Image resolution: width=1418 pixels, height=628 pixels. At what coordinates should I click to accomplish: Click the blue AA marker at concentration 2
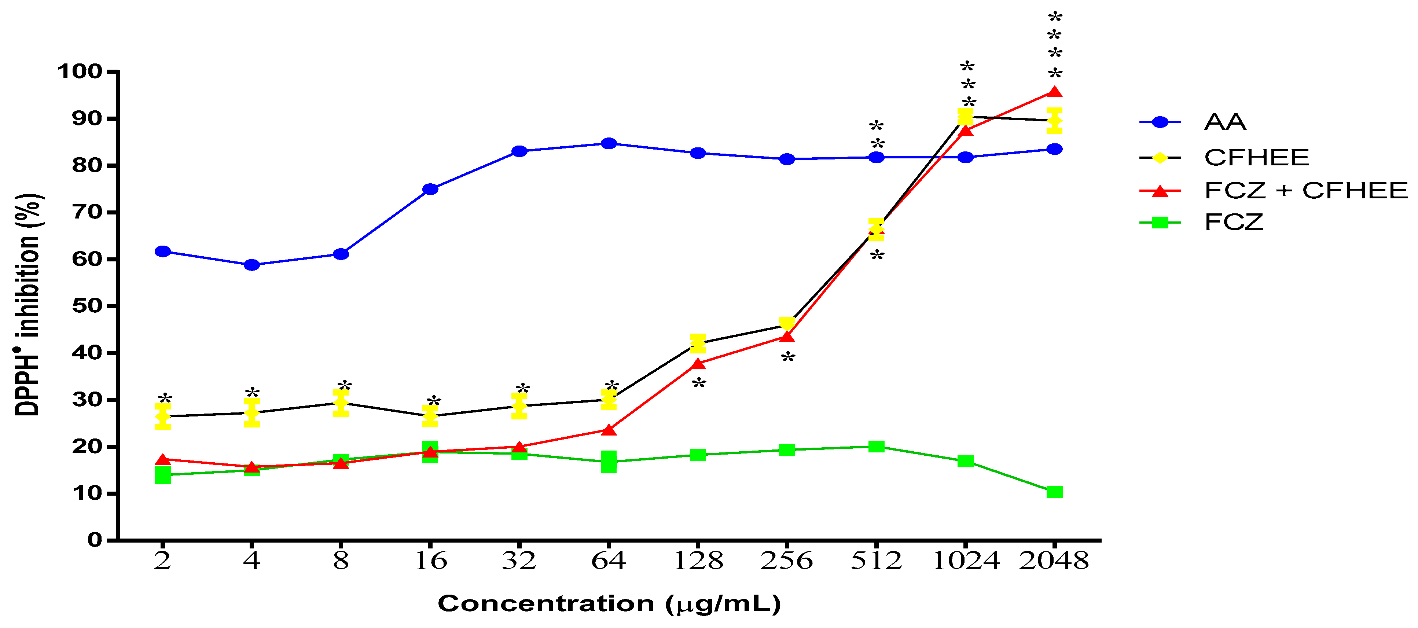point(163,251)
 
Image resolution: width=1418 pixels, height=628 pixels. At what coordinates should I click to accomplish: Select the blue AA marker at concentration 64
point(608,144)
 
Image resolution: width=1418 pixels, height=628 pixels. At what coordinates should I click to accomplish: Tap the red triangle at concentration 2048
point(1054,92)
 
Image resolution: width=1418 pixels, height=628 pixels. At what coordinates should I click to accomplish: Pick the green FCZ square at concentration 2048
point(1054,492)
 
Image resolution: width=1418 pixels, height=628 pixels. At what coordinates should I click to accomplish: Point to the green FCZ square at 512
point(876,447)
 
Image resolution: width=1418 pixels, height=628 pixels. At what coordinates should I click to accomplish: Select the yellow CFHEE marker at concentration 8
point(341,403)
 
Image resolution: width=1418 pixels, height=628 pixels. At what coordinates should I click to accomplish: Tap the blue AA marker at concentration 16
point(430,189)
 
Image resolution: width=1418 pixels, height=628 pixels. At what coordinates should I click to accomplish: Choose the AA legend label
point(1225,122)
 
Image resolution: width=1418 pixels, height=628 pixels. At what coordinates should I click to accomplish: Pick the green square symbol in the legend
point(1160,223)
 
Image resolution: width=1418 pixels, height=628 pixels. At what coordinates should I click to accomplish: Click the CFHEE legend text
point(1256,157)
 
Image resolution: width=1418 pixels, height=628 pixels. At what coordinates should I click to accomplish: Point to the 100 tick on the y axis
point(80,71)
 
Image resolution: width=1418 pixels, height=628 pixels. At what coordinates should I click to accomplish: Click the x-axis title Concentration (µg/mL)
point(609,604)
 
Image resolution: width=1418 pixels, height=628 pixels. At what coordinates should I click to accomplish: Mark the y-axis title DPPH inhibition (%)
point(27,304)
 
